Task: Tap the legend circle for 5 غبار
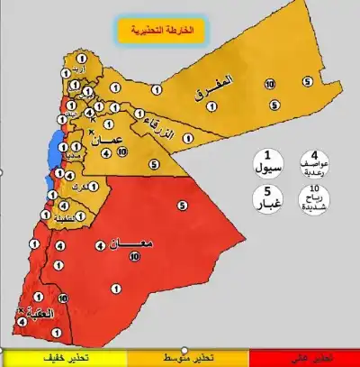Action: pos(266,198)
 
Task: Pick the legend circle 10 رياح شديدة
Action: pos(313,198)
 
